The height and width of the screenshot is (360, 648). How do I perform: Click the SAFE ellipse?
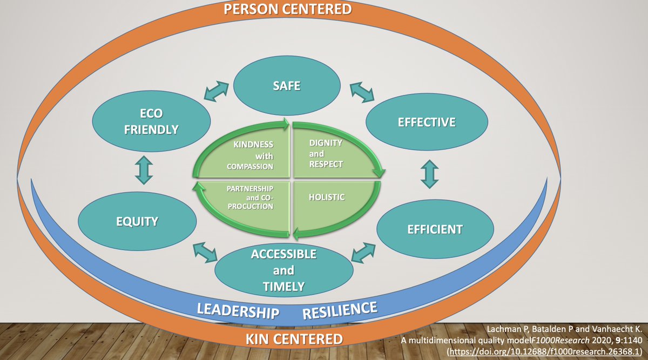pos(287,86)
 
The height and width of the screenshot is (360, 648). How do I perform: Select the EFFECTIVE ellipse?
pos(426,123)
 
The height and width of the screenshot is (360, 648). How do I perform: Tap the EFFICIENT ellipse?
pos(435,229)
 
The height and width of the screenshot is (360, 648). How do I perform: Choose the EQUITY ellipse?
pos(137,221)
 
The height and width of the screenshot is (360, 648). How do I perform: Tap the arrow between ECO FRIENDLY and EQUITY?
pos(144,170)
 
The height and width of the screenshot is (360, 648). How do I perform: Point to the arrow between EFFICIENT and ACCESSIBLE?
pos(363,252)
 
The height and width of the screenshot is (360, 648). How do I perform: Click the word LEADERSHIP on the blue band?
pos(237,311)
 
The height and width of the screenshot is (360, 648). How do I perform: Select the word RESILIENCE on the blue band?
pos(339,310)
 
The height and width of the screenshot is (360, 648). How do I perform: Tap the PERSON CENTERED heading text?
pos(287,9)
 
